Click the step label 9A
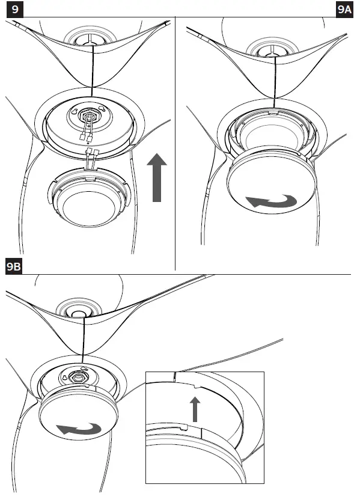click(x=345, y=9)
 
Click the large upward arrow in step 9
click(x=157, y=177)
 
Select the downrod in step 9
click(x=93, y=72)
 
